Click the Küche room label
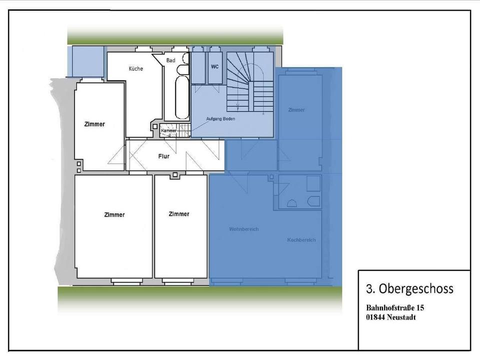pos(135,68)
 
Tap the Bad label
pos(171,60)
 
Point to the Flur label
pos(163,156)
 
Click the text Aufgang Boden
pos(220,118)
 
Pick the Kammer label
pos(168,131)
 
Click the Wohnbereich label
pos(243,229)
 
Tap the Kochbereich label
pos(301,240)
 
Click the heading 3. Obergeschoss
pos(409,288)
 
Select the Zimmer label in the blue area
pos(296,109)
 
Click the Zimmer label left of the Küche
pos(94,124)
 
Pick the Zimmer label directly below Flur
pos(178,214)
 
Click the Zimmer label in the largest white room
pos(114,214)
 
